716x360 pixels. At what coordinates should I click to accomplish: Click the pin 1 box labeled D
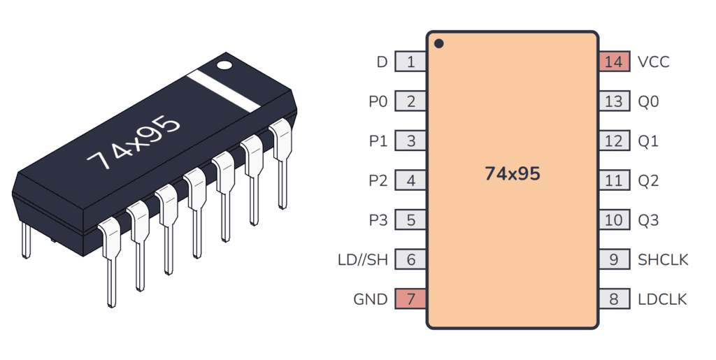[x=410, y=62]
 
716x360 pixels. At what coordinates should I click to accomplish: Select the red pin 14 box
[x=613, y=62]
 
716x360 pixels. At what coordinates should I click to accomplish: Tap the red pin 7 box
[x=410, y=299]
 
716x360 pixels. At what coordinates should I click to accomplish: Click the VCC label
[x=653, y=62]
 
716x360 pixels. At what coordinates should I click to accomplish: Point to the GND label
[x=371, y=299]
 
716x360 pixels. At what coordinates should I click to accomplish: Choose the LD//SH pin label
[x=362, y=260]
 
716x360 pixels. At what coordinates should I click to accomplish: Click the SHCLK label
[x=663, y=260]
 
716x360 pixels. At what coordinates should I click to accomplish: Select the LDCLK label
[x=662, y=299]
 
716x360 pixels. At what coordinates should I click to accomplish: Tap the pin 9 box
[x=613, y=260]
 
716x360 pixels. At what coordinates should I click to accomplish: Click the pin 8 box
[x=613, y=299]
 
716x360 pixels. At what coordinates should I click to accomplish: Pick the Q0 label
[x=648, y=101]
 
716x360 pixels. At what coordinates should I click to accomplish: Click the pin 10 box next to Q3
[x=613, y=220]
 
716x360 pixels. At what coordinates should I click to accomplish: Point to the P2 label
[x=378, y=180]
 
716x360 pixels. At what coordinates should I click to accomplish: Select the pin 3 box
[x=410, y=141]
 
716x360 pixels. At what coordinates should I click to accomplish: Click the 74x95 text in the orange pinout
[x=513, y=174]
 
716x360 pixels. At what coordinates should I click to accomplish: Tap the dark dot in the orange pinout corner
[x=438, y=44]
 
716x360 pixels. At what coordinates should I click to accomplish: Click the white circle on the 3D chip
[x=224, y=66]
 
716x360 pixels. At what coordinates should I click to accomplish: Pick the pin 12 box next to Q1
[x=613, y=141]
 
